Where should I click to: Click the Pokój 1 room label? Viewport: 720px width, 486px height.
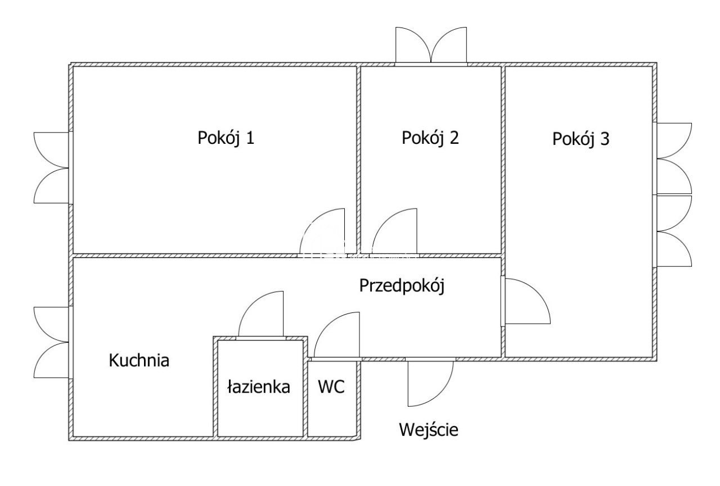pyautogui.click(x=226, y=138)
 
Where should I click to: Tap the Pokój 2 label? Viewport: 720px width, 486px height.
pyautogui.click(x=430, y=138)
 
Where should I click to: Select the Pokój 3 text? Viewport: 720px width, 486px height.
pyautogui.click(x=580, y=139)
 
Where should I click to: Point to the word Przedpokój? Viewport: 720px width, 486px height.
pyautogui.click(x=402, y=286)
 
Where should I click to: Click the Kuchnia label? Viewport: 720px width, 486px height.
pyautogui.click(x=139, y=360)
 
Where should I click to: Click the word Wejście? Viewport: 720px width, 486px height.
pyautogui.click(x=429, y=430)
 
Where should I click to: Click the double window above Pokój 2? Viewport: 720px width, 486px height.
pyautogui.click(x=431, y=45)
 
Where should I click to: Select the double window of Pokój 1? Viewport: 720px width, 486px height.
pyautogui.click(x=52, y=167)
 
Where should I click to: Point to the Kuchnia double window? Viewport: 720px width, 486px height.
pyautogui.click(x=52, y=343)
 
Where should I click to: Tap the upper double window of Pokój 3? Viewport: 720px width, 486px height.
pyautogui.click(x=674, y=158)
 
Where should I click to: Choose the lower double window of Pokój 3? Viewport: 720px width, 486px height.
pyautogui.click(x=674, y=230)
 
